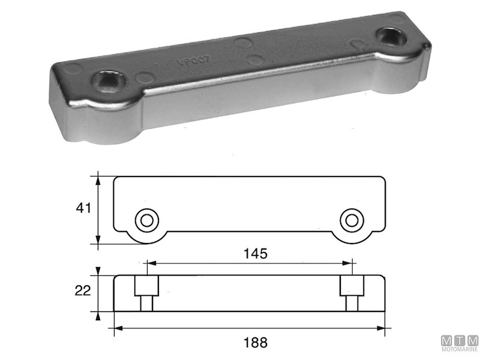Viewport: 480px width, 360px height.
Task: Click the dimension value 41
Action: [83, 209]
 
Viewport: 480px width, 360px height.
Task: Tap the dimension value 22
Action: [83, 292]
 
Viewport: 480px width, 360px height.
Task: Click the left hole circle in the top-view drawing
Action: [145, 220]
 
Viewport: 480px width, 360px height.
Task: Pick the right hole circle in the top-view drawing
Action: [351, 220]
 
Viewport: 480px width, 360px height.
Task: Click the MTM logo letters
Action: [459, 341]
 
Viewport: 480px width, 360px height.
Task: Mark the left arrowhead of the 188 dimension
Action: [118, 328]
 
